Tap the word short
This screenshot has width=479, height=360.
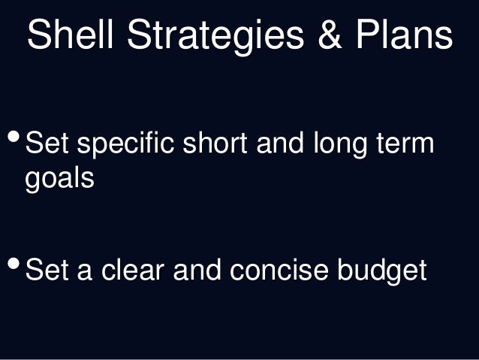(x=223, y=143)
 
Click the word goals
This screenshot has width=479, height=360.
(x=60, y=180)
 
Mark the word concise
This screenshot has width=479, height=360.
(x=279, y=270)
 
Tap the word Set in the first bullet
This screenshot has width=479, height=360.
(x=48, y=143)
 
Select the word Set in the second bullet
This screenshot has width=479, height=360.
(x=48, y=270)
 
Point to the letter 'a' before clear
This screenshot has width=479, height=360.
(x=85, y=271)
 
